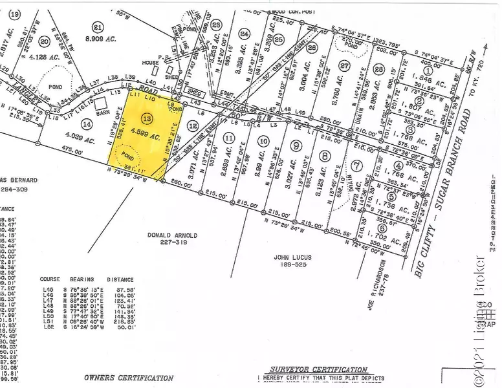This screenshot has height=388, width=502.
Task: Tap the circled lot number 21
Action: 98,27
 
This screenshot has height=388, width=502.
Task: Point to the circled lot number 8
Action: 324,155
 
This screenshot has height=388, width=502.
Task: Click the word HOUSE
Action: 151,62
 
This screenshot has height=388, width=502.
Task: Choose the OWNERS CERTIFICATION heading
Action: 129,377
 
